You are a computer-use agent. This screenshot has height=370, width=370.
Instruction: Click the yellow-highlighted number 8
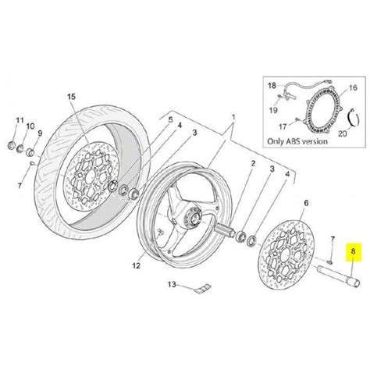pyautogui.click(x=353, y=251)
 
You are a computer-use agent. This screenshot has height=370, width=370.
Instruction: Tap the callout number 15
pyautogui.click(x=71, y=97)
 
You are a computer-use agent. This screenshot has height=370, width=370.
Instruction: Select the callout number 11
pyautogui.click(x=20, y=120)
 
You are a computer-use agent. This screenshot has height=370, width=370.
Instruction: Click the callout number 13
pyautogui.click(x=172, y=284)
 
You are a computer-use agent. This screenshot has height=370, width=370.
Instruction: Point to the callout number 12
pyautogui.click(x=136, y=265)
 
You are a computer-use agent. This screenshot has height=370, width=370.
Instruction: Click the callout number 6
pyautogui.click(x=306, y=203)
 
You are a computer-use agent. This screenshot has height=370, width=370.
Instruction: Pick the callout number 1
pyautogui.click(x=233, y=117)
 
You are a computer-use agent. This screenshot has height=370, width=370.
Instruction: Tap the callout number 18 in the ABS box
pyautogui.click(x=272, y=85)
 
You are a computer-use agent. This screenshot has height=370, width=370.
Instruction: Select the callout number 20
pyautogui.click(x=343, y=133)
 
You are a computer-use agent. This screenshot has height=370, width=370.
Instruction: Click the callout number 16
pyautogui.click(x=353, y=87)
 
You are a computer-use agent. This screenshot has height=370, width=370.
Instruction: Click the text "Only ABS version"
pyautogui.click(x=297, y=141)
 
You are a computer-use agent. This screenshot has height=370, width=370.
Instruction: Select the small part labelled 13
pyautogui.click(x=203, y=289)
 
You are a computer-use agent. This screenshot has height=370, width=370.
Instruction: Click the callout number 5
pyautogui.click(x=170, y=120)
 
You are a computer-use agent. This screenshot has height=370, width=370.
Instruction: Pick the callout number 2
pyautogui.click(x=253, y=164)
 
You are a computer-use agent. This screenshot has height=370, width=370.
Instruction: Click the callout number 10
pyautogui.click(x=30, y=126)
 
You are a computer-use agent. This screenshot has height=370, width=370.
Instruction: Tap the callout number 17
pyautogui.click(x=283, y=126)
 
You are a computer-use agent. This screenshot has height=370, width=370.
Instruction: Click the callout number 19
pyautogui.click(x=273, y=110)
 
